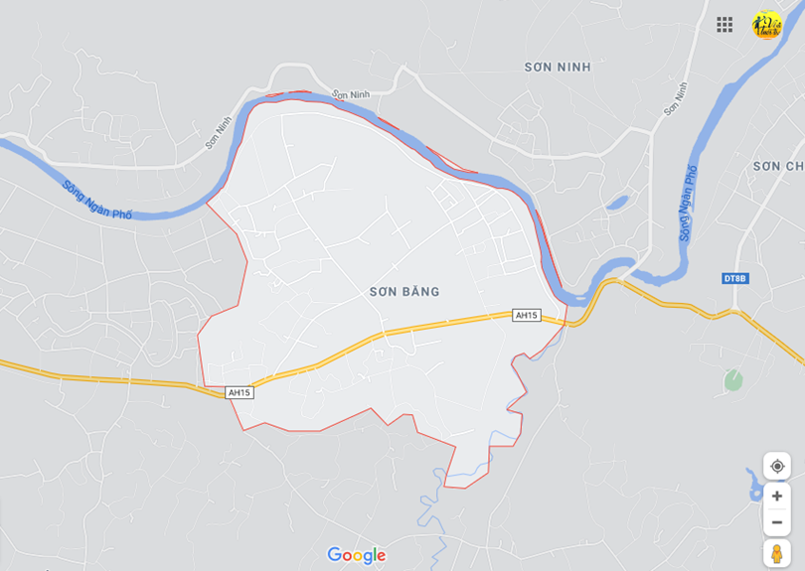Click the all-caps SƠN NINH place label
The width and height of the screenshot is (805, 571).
point(558,67)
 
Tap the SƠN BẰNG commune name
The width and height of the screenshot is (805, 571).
point(403,292)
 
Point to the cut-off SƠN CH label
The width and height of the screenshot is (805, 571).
point(778,166)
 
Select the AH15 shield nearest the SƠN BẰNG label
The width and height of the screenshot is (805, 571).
point(526,315)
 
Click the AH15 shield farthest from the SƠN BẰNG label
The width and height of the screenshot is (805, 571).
point(240,392)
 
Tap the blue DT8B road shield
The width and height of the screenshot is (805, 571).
point(734,278)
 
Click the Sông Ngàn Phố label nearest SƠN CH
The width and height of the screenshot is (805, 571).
point(688,204)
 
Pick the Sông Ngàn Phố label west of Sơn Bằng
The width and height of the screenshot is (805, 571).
point(96,200)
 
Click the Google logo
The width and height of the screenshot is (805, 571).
point(356,555)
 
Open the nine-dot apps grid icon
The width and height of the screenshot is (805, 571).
point(724,25)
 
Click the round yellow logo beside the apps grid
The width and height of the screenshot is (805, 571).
point(766,25)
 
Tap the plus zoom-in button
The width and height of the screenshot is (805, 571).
point(777,496)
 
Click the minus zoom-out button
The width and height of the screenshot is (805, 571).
point(777,521)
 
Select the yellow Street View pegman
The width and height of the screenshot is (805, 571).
point(777,553)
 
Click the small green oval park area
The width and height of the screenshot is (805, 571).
point(733,379)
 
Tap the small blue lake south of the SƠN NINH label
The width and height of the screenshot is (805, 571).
point(616,203)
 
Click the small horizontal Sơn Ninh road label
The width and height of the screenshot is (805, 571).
point(350,94)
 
